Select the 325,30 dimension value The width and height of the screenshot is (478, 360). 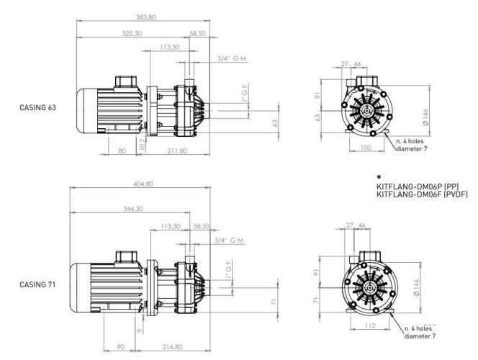coord(132,33)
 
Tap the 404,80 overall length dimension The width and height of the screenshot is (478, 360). coord(143,184)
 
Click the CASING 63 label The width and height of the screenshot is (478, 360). coord(38,107)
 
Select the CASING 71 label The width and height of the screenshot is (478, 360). coord(38,284)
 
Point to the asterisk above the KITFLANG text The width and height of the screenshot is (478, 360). coord(379,176)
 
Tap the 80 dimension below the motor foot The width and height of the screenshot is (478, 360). coord(121,150)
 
